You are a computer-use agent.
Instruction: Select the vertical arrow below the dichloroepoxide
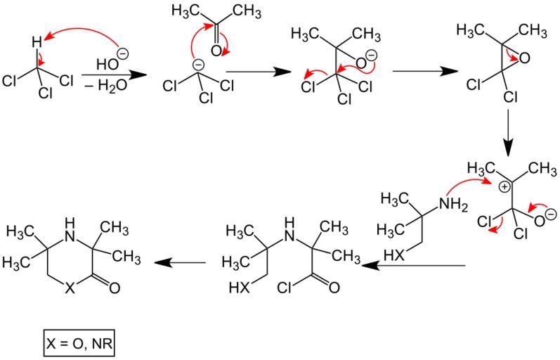[510, 135]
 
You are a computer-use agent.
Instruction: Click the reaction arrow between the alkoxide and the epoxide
[419, 70]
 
